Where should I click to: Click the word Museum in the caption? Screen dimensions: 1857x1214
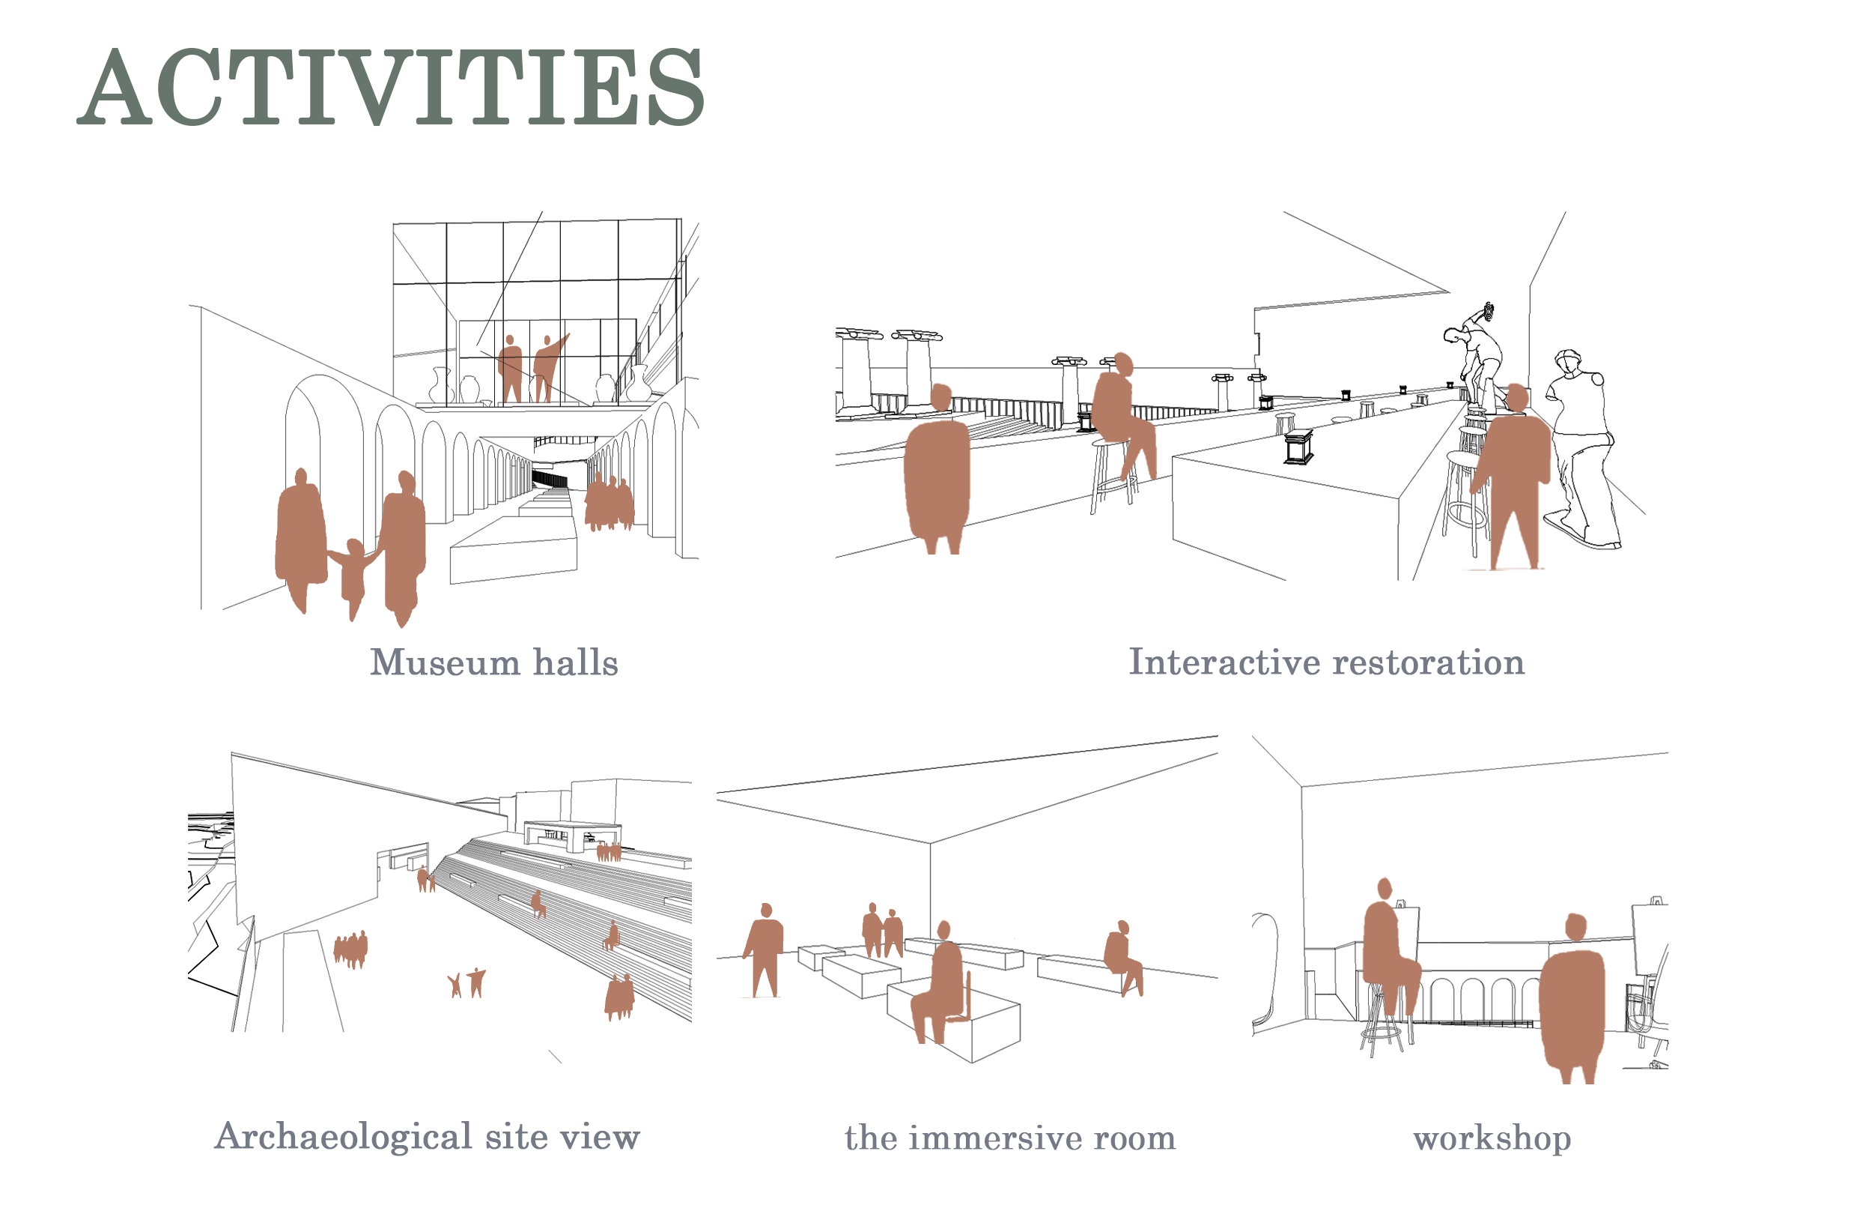pyautogui.click(x=445, y=662)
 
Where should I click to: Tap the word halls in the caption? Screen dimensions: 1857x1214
pyautogui.click(x=576, y=662)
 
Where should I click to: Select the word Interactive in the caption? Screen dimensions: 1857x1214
pyautogui.click(x=1225, y=662)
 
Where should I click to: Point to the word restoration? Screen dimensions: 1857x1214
pyautogui.click(x=1429, y=662)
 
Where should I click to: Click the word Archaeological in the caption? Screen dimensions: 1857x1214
pyautogui.click(x=343, y=1137)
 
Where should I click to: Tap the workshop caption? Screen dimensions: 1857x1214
pyautogui.click(x=1492, y=1139)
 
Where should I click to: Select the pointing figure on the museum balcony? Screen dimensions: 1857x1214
pyautogui.click(x=547, y=369)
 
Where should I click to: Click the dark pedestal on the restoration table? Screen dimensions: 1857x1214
pyautogui.click(x=1298, y=447)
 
